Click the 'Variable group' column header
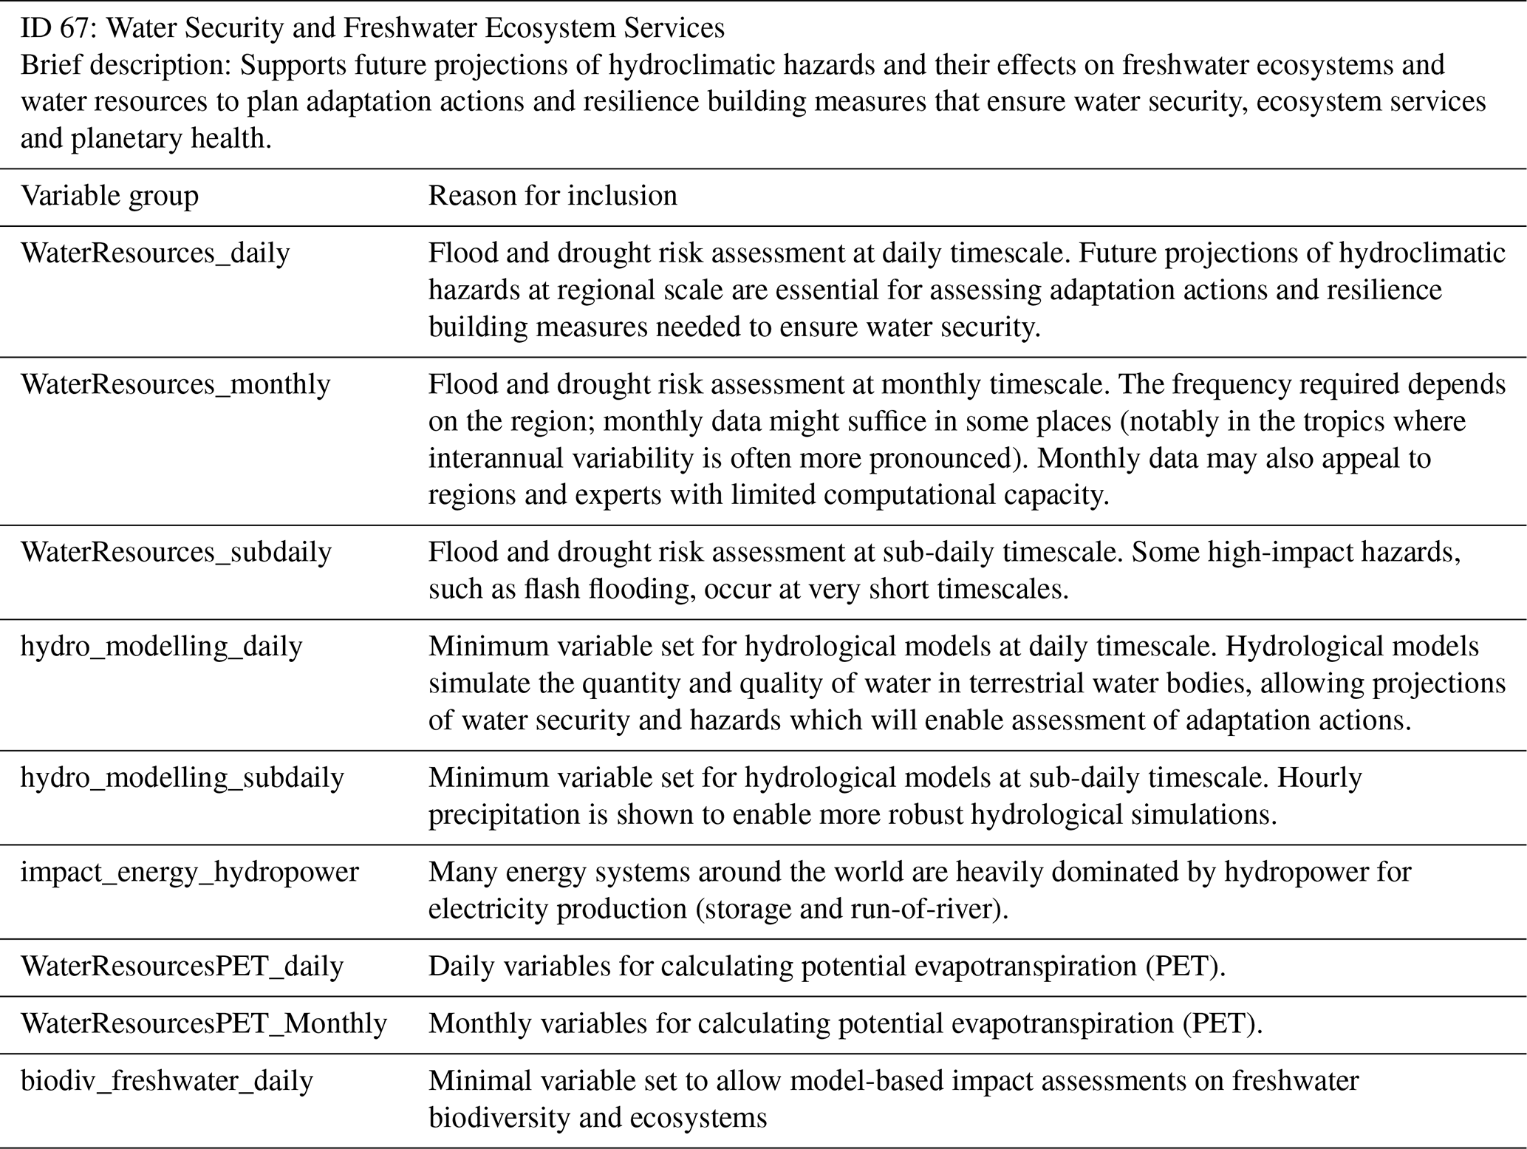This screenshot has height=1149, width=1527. [x=109, y=196]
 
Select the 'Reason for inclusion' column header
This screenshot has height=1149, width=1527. [x=553, y=196]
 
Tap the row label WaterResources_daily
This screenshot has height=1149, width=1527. [x=155, y=253]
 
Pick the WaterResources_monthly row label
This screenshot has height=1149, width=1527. [x=175, y=384]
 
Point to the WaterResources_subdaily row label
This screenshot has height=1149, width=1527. [x=176, y=552]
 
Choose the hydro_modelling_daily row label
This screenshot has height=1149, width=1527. [x=161, y=647]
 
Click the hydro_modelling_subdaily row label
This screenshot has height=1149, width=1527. [x=182, y=777]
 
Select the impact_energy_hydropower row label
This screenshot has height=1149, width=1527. [x=189, y=872]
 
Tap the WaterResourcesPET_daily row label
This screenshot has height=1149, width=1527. [x=182, y=966]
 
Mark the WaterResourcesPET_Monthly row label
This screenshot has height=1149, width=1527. [x=203, y=1023]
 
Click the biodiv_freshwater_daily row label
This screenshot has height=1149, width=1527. [x=167, y=1081]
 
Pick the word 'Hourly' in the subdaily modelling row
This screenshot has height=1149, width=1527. [x=1319, y=777]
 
